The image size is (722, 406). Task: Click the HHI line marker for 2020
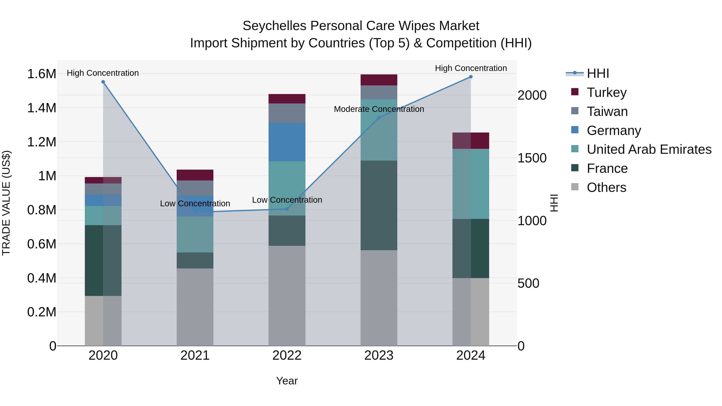click(x=103, y=82)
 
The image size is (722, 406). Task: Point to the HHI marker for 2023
click(x=379, y=118)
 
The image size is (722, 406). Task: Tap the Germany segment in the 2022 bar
click(x=287, y=142)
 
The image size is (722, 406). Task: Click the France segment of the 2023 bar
click(x=379, y=205)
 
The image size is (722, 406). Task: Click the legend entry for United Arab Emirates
click(x=649, y=149)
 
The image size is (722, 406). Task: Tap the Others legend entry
click(x=606, y=187)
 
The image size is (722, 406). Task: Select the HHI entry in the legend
click(x=598, y=73)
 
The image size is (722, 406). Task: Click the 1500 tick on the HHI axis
click(x=532, y=158)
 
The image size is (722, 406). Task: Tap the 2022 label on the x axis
click(x=287, y=355)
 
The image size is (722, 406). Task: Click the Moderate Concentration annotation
click(x=379, y=109)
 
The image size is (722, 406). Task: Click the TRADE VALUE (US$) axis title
click(x=6, y=203)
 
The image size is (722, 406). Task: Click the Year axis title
click(x=287, y=381)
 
